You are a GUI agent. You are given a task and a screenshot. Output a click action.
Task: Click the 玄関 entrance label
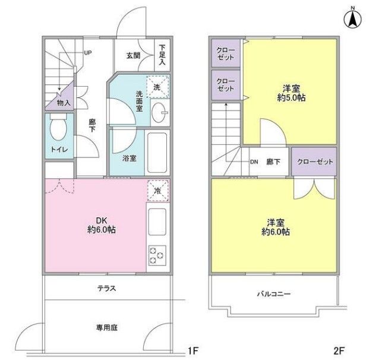[x=133, y=56]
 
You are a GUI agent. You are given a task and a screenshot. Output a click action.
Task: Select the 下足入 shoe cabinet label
[x=162, y=55]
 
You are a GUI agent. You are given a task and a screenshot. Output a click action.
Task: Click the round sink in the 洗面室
[x=159, y=112]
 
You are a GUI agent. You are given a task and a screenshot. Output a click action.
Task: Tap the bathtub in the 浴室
[x=157, y=153]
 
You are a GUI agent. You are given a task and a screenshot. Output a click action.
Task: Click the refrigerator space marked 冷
[x=157, y=191]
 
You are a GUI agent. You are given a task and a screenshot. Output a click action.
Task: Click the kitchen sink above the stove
[x=157, y=223]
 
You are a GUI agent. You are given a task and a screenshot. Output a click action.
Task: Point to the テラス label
[x=106, y=289]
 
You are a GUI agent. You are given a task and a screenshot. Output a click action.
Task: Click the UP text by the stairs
[x=88, y=52]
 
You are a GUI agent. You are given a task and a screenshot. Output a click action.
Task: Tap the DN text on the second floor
[x=254, y=162]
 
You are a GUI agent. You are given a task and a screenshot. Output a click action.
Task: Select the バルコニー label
[x=273, y=293]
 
